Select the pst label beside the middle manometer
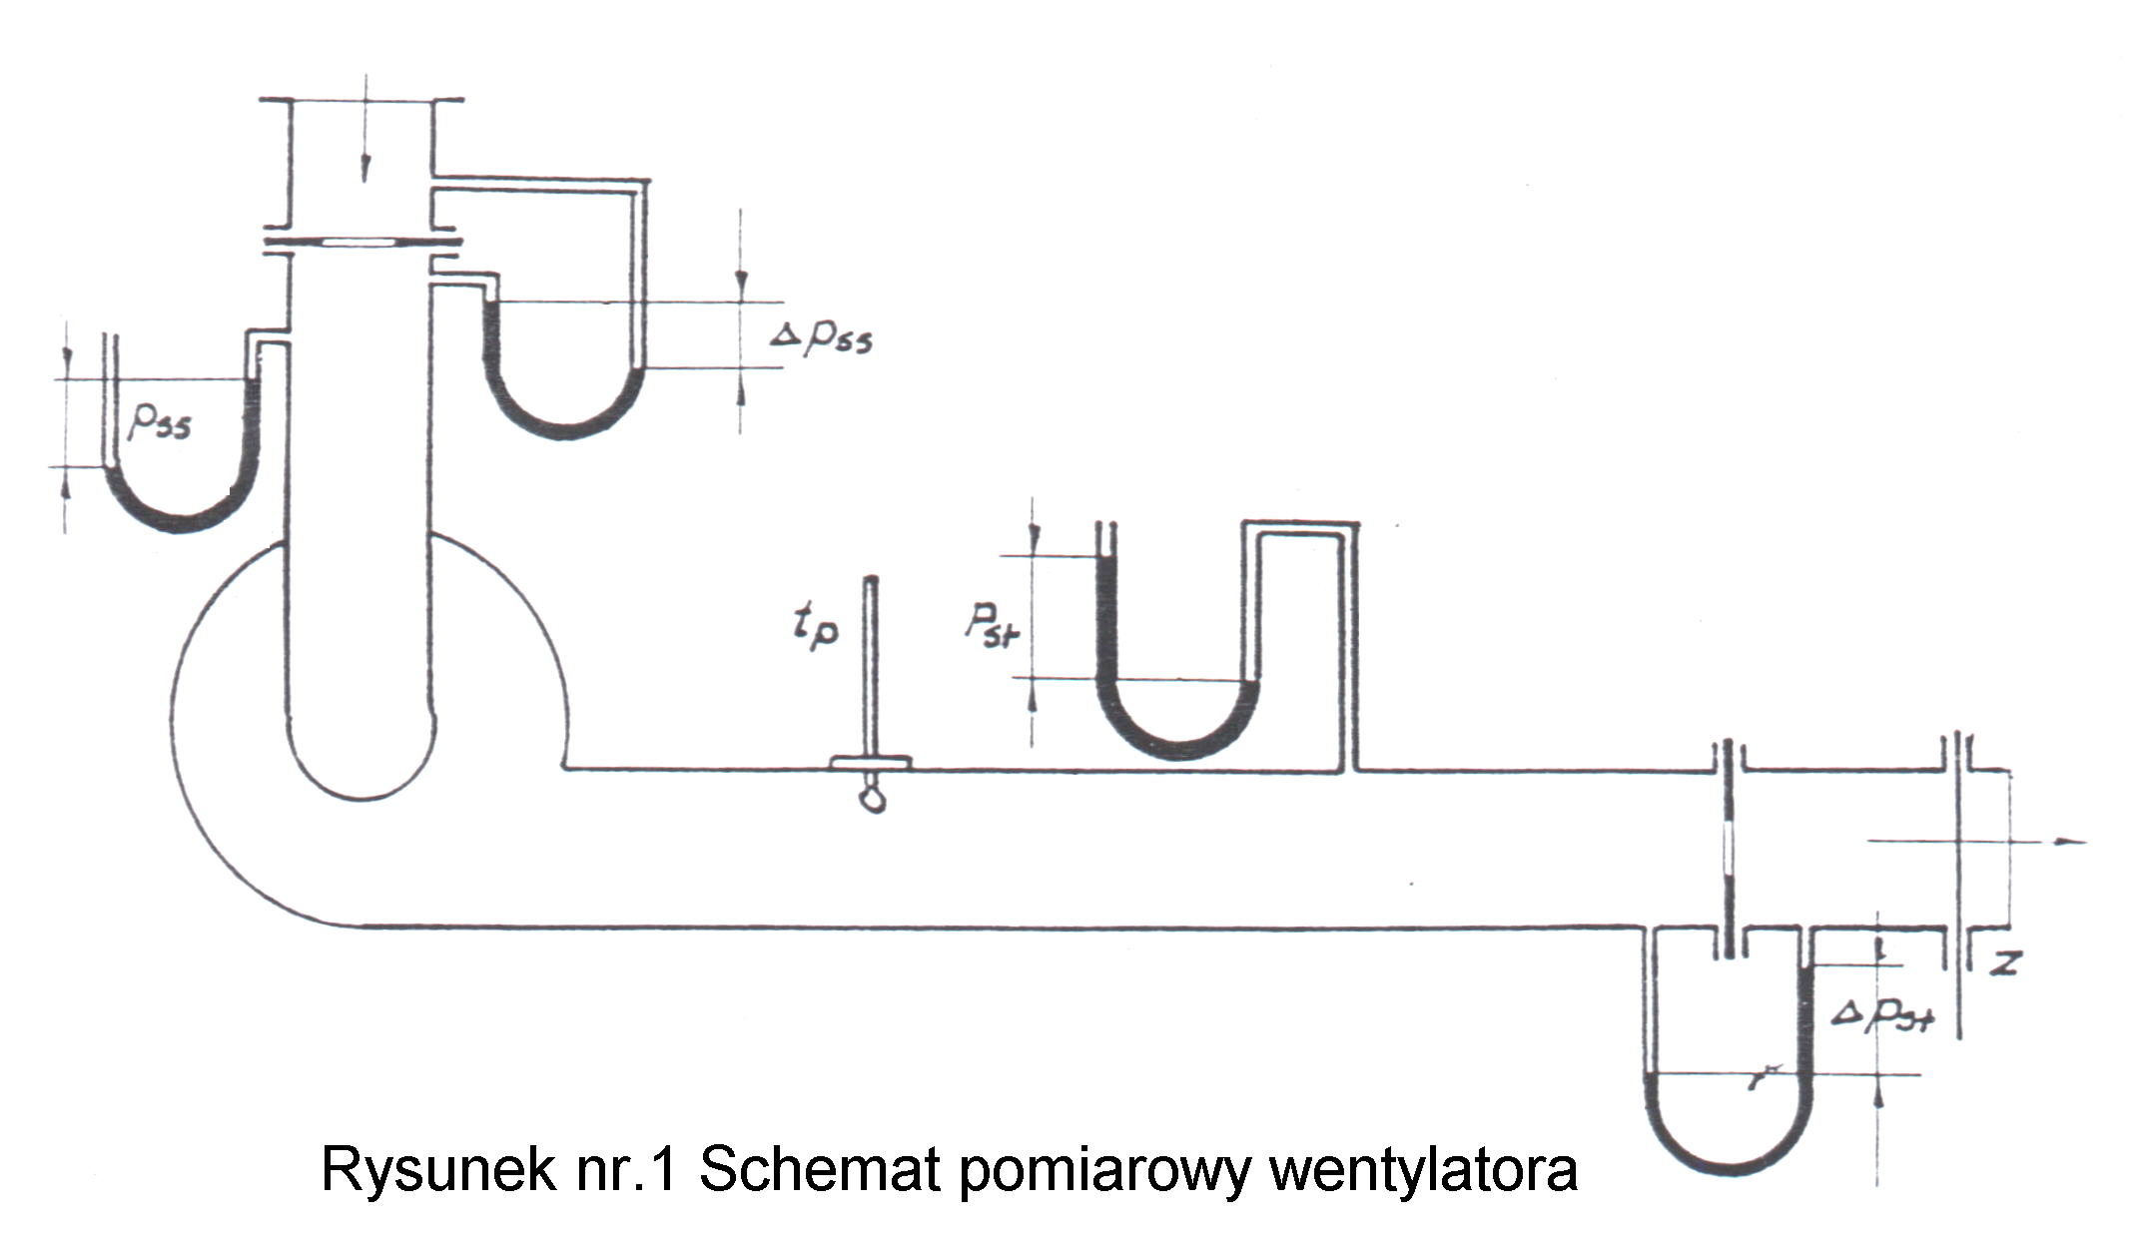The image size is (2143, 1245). point(991,624)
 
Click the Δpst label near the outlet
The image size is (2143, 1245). point(1883,1014)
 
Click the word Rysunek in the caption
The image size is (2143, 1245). point(438,1169)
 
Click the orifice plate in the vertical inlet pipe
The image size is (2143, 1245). point(361,242)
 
